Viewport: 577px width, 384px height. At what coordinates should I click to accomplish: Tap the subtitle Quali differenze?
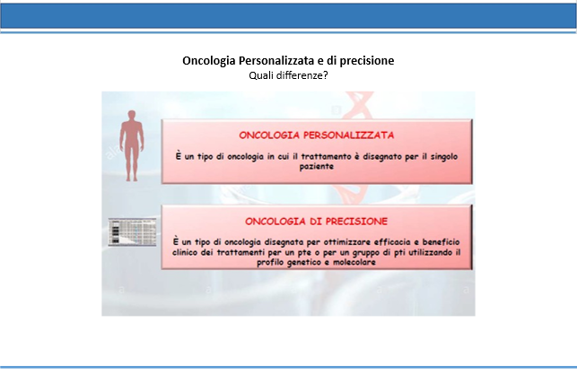tap(288, 75)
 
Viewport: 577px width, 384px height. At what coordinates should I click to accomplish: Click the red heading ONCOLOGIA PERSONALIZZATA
tap(317, 135)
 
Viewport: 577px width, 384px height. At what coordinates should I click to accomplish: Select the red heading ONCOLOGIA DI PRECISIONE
tap(317, 222)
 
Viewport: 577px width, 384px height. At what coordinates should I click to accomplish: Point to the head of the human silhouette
tap(132, 115)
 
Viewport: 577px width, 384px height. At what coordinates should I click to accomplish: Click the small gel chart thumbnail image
tap(132, 231)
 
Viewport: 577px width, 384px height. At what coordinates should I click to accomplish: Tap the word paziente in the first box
tap(317, 167)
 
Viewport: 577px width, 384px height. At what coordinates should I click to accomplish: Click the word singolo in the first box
tap(444, 157)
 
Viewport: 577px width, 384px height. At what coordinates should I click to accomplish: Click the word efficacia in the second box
tap(392, 242)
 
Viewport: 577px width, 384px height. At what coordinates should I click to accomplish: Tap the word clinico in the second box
tap(185, 252)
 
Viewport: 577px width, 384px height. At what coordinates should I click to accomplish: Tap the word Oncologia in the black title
tap(209, 61)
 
